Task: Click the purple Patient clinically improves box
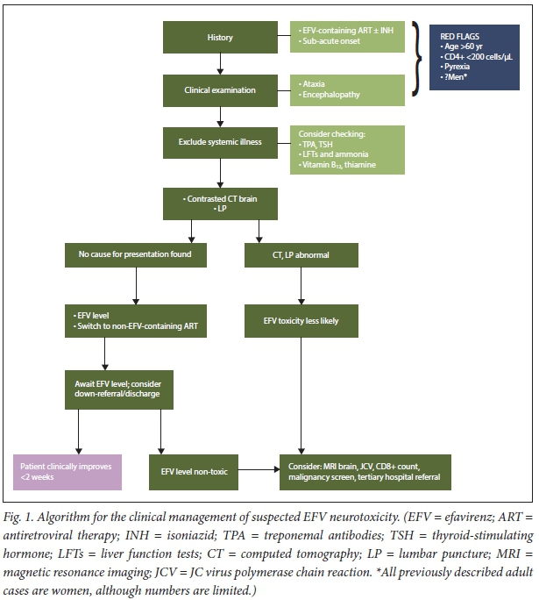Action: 68,471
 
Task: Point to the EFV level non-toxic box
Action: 194,471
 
